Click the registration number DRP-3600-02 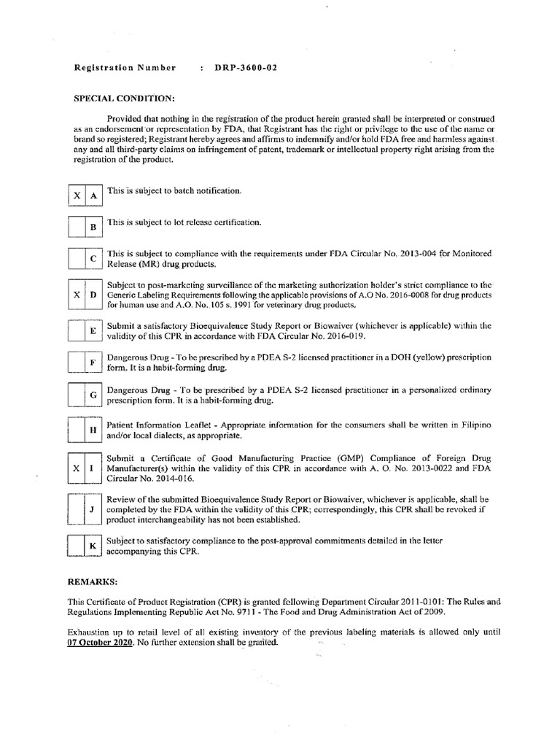point(246,68)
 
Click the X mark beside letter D point(76,293)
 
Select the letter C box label point(93,259)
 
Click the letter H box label point(93,430)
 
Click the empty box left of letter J point(76,509)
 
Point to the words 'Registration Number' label point(125,68)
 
